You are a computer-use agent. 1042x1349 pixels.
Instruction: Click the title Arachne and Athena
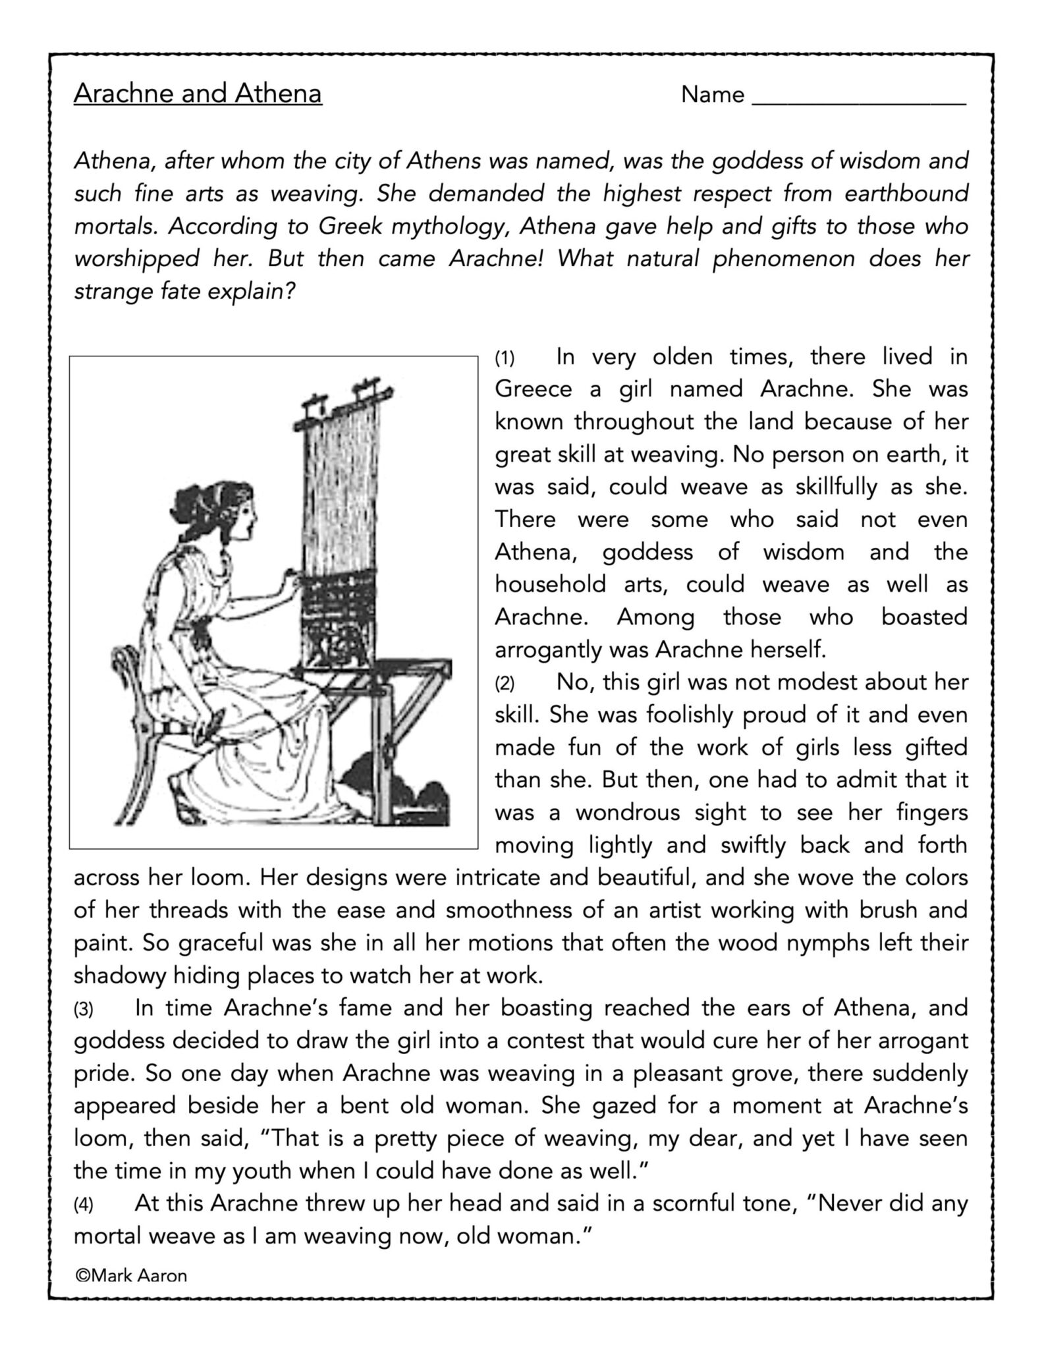[198, 94]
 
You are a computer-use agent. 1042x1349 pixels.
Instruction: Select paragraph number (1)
[505, 359]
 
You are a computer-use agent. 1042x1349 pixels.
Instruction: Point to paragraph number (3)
[84, 1010]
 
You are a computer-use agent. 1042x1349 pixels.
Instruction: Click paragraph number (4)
[84, 1205]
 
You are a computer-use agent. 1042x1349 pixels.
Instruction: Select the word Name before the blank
[713, 95]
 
